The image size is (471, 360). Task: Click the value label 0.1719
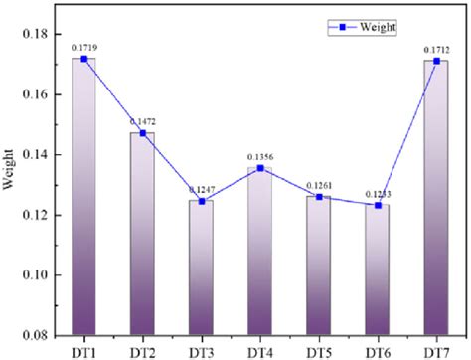coord(84,47)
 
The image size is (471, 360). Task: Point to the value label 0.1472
coord(143,121)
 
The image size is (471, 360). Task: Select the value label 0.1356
coord(259,156)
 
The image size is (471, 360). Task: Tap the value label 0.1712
coord(435,48)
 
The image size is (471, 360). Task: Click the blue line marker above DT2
coord(142,133)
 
